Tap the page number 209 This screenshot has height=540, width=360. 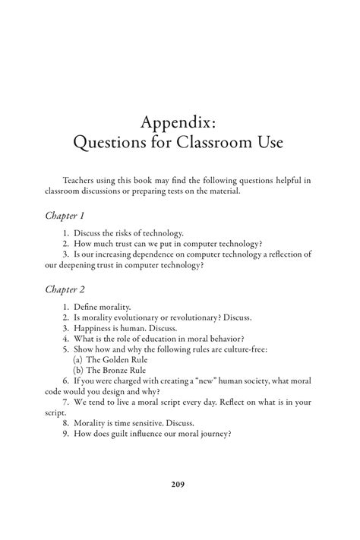pos(179,484)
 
